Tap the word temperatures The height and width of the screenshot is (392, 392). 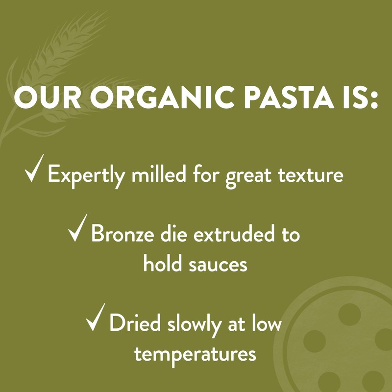click(196, 354)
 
